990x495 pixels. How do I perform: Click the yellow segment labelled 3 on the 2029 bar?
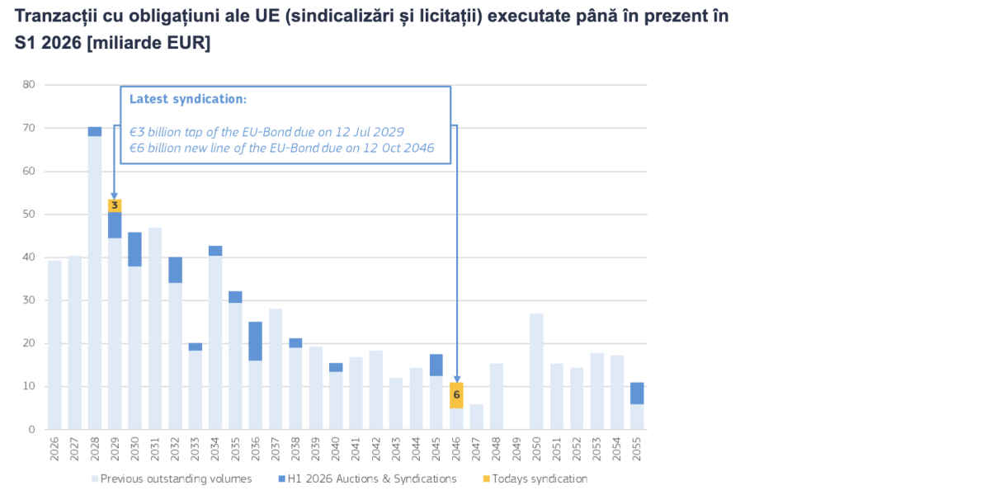coord(115,205)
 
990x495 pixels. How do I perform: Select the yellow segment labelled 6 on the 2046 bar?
coord(456,395)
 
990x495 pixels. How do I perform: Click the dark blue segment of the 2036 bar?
coord(256,341)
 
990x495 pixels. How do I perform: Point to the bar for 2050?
coord(536,371)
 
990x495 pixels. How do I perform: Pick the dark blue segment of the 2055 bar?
coord(637,393)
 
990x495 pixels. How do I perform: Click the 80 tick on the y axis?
coord(29,84)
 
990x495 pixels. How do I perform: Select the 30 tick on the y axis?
coord(29,300)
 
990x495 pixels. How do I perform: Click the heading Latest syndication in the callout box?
coord(188,99)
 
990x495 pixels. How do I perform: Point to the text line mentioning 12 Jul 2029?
coord(267,131)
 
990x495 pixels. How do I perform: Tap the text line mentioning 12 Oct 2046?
coord(282,148)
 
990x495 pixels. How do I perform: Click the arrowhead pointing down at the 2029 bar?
coord(115,195)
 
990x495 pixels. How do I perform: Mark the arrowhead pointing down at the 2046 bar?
coord(456,379)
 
